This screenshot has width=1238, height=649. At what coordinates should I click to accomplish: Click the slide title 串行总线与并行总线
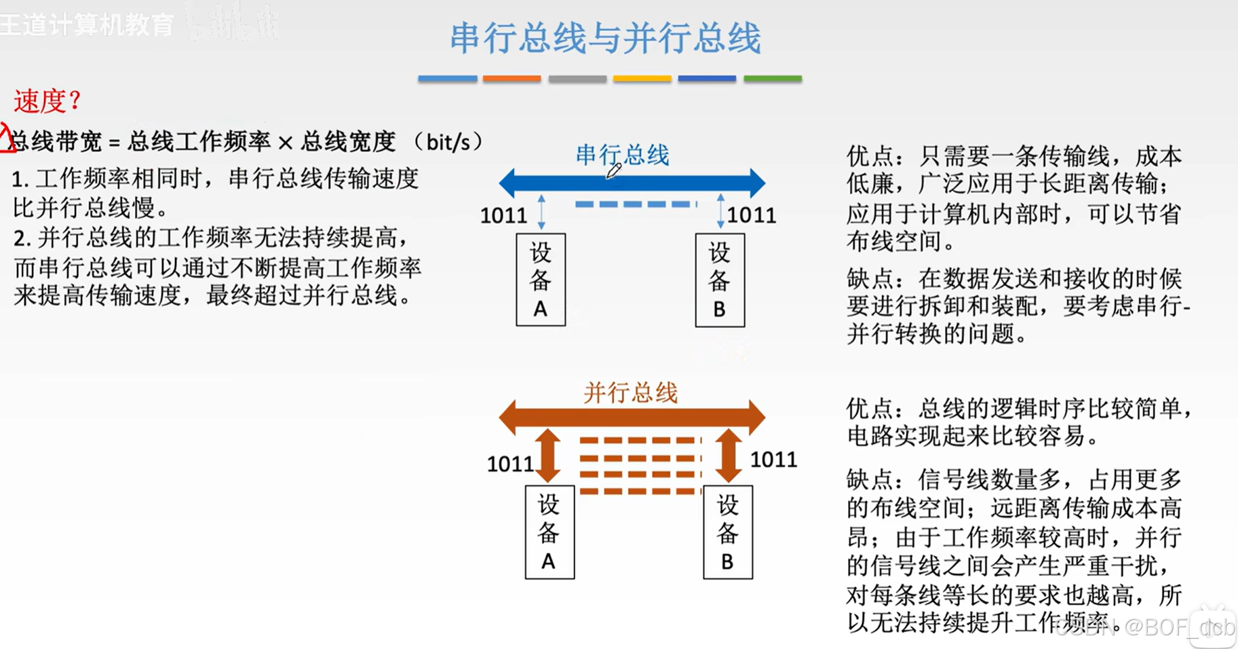tap(605, 38)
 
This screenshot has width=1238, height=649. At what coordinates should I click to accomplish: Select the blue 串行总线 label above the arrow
tap(622, 155)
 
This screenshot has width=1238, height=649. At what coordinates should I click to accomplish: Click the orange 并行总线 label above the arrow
tap(631, 392)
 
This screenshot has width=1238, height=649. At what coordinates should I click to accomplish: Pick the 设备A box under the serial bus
tap(541, 280)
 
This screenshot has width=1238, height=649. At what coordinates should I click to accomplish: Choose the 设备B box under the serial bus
tap(720, 280)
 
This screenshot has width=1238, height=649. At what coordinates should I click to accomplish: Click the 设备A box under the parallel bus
tap(549, 532)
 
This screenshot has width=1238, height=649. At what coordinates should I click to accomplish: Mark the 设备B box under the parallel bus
tap(728, 532)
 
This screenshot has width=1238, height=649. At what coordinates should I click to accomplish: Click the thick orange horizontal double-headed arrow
tap(632, 417)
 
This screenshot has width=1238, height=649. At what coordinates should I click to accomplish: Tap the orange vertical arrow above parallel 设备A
tap(548, 456)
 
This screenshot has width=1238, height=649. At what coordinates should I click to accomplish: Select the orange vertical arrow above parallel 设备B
tap(728, 456)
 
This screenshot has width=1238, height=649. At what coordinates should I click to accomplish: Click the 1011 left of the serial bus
tap(503, 216)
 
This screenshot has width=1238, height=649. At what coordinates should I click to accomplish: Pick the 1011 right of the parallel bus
tap(773, 460)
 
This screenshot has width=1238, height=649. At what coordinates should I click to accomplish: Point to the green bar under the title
tap(773, 79)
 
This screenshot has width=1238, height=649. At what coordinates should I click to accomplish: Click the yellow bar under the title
tap(642, 79)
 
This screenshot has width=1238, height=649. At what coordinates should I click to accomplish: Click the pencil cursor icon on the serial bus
tap(614, 171)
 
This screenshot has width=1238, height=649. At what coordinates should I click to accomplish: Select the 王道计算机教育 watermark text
tap(87, 25)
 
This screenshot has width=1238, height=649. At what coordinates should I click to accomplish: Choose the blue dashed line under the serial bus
tap(636, 204)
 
